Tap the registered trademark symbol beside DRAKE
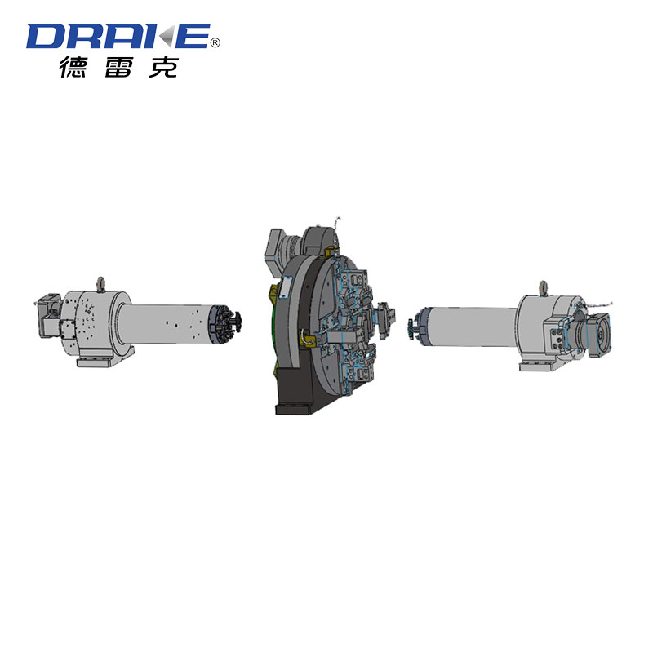tap(215, 42)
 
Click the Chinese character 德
tap(73, 67)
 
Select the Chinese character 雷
tap(118, 67)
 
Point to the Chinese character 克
tap(164, 67)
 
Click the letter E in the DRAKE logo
tap(193, 36)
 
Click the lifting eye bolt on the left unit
tap(100, 285)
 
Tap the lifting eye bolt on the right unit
tap(543, 289)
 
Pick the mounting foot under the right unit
tap(541, 363)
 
